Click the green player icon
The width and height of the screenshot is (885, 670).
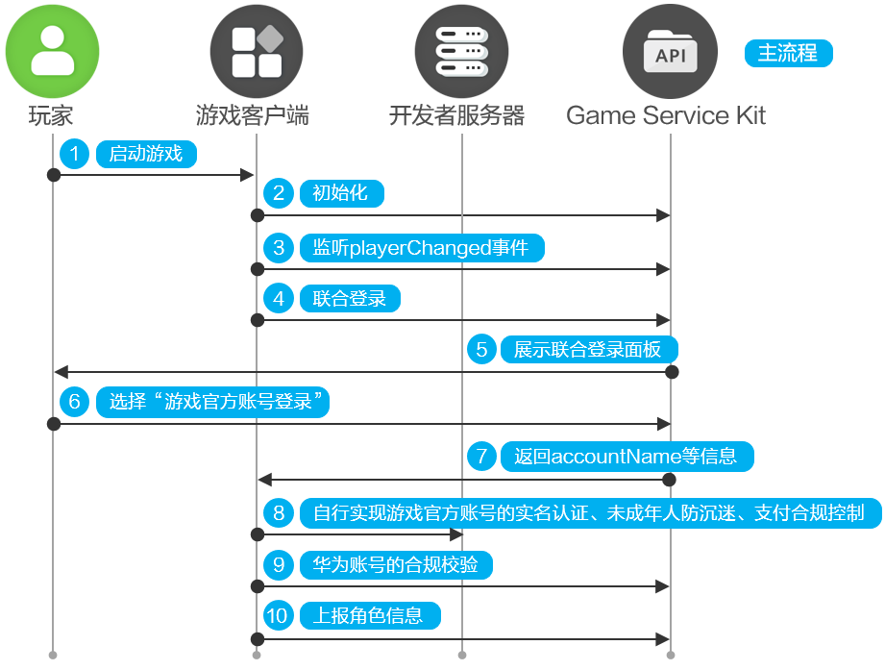click(x=53, y=51)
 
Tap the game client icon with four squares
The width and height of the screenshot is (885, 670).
click(x=257, y=51)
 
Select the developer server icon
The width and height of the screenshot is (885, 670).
click(x=461, y=51)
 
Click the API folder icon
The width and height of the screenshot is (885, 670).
click(x=670, y=51)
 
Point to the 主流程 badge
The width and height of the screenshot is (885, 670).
click(x=788, y=54)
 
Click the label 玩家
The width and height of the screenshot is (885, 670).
click(x=52, y=116)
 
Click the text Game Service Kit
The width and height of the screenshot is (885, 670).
click(x=666, y=116)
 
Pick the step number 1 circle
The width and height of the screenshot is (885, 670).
click(x=75, y=154)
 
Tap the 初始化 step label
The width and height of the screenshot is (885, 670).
click(x=341, y=193)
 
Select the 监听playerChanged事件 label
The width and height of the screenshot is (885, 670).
click(x=421, y=248)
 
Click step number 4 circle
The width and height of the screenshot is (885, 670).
click(x=279, y=299)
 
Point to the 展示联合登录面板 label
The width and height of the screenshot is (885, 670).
click(x=588, y=350)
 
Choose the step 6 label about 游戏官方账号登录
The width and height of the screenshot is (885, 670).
click(x=212, y=402)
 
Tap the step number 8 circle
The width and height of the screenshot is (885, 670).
click(x=279, y=512)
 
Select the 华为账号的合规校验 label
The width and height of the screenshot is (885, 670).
click(x=396, y=564)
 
